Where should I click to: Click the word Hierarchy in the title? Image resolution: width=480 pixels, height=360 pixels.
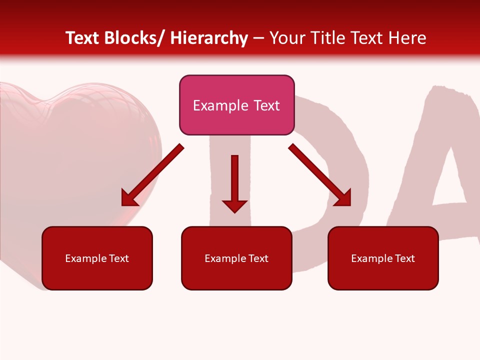point(209,38)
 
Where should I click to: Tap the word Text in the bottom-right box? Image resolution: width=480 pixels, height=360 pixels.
point(404,258)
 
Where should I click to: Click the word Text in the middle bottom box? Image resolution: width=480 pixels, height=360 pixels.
point(258,258)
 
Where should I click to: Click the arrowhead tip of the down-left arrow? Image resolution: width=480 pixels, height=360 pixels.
point(123,204)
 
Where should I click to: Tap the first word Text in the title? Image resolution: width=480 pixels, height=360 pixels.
point(83,38)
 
